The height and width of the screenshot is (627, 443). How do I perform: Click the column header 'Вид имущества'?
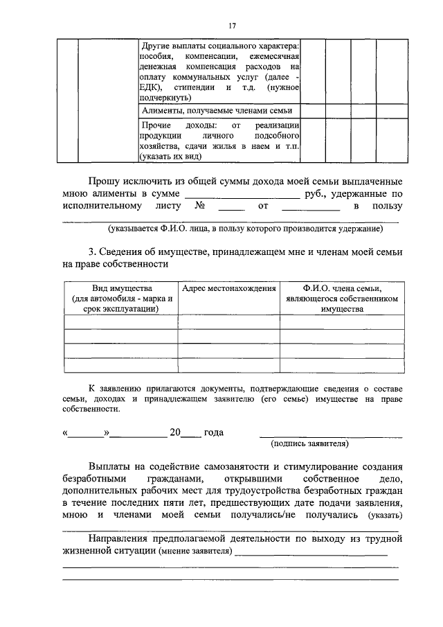(x=122, y=299)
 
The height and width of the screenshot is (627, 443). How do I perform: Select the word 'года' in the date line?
(x=214, y=432)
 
